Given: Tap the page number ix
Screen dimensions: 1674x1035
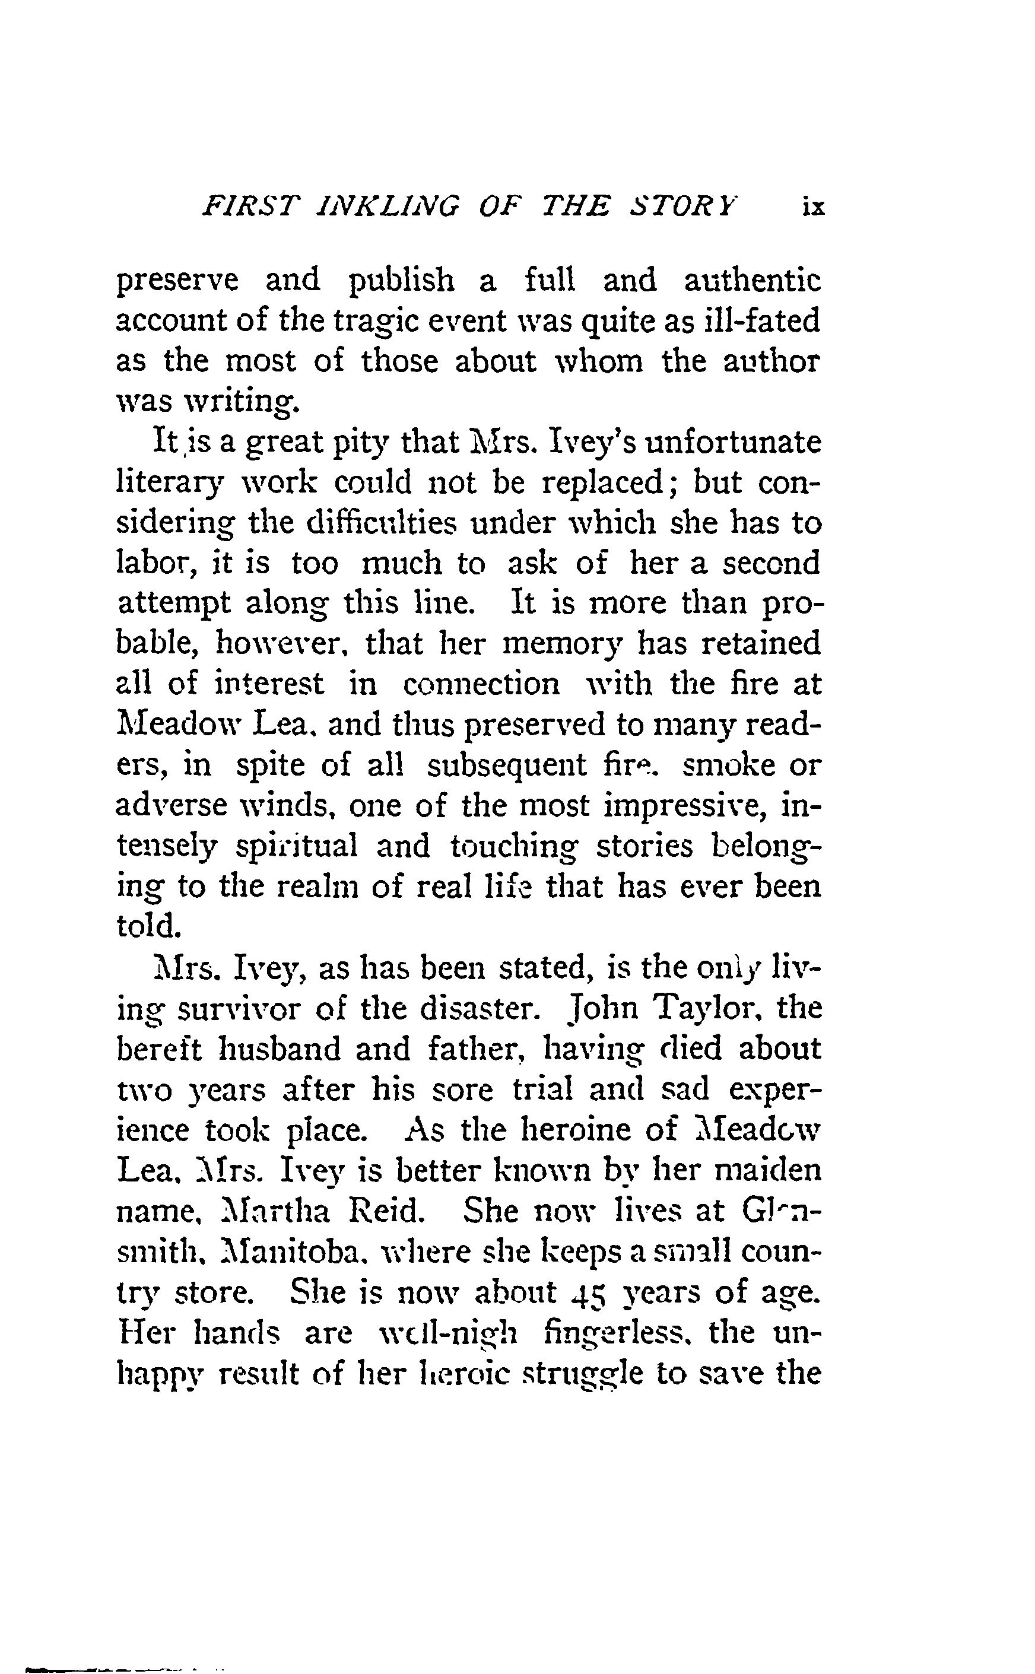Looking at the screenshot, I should pos(812,207).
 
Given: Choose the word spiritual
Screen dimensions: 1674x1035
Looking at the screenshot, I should pos(296,846).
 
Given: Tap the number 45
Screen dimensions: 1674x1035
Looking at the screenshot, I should pos(590,1291).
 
